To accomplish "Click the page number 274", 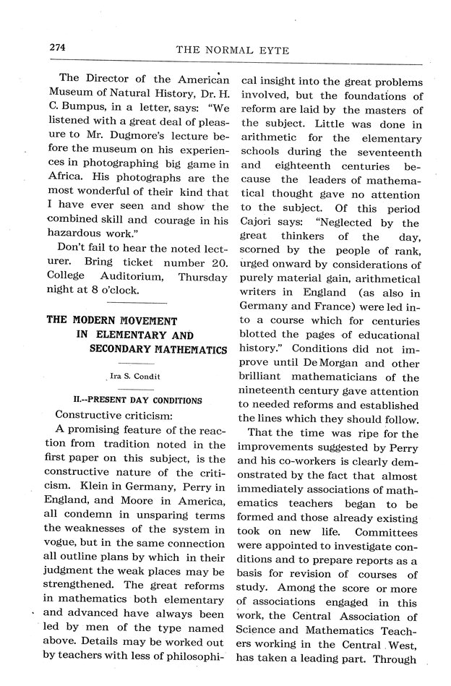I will [x=57, y=47].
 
